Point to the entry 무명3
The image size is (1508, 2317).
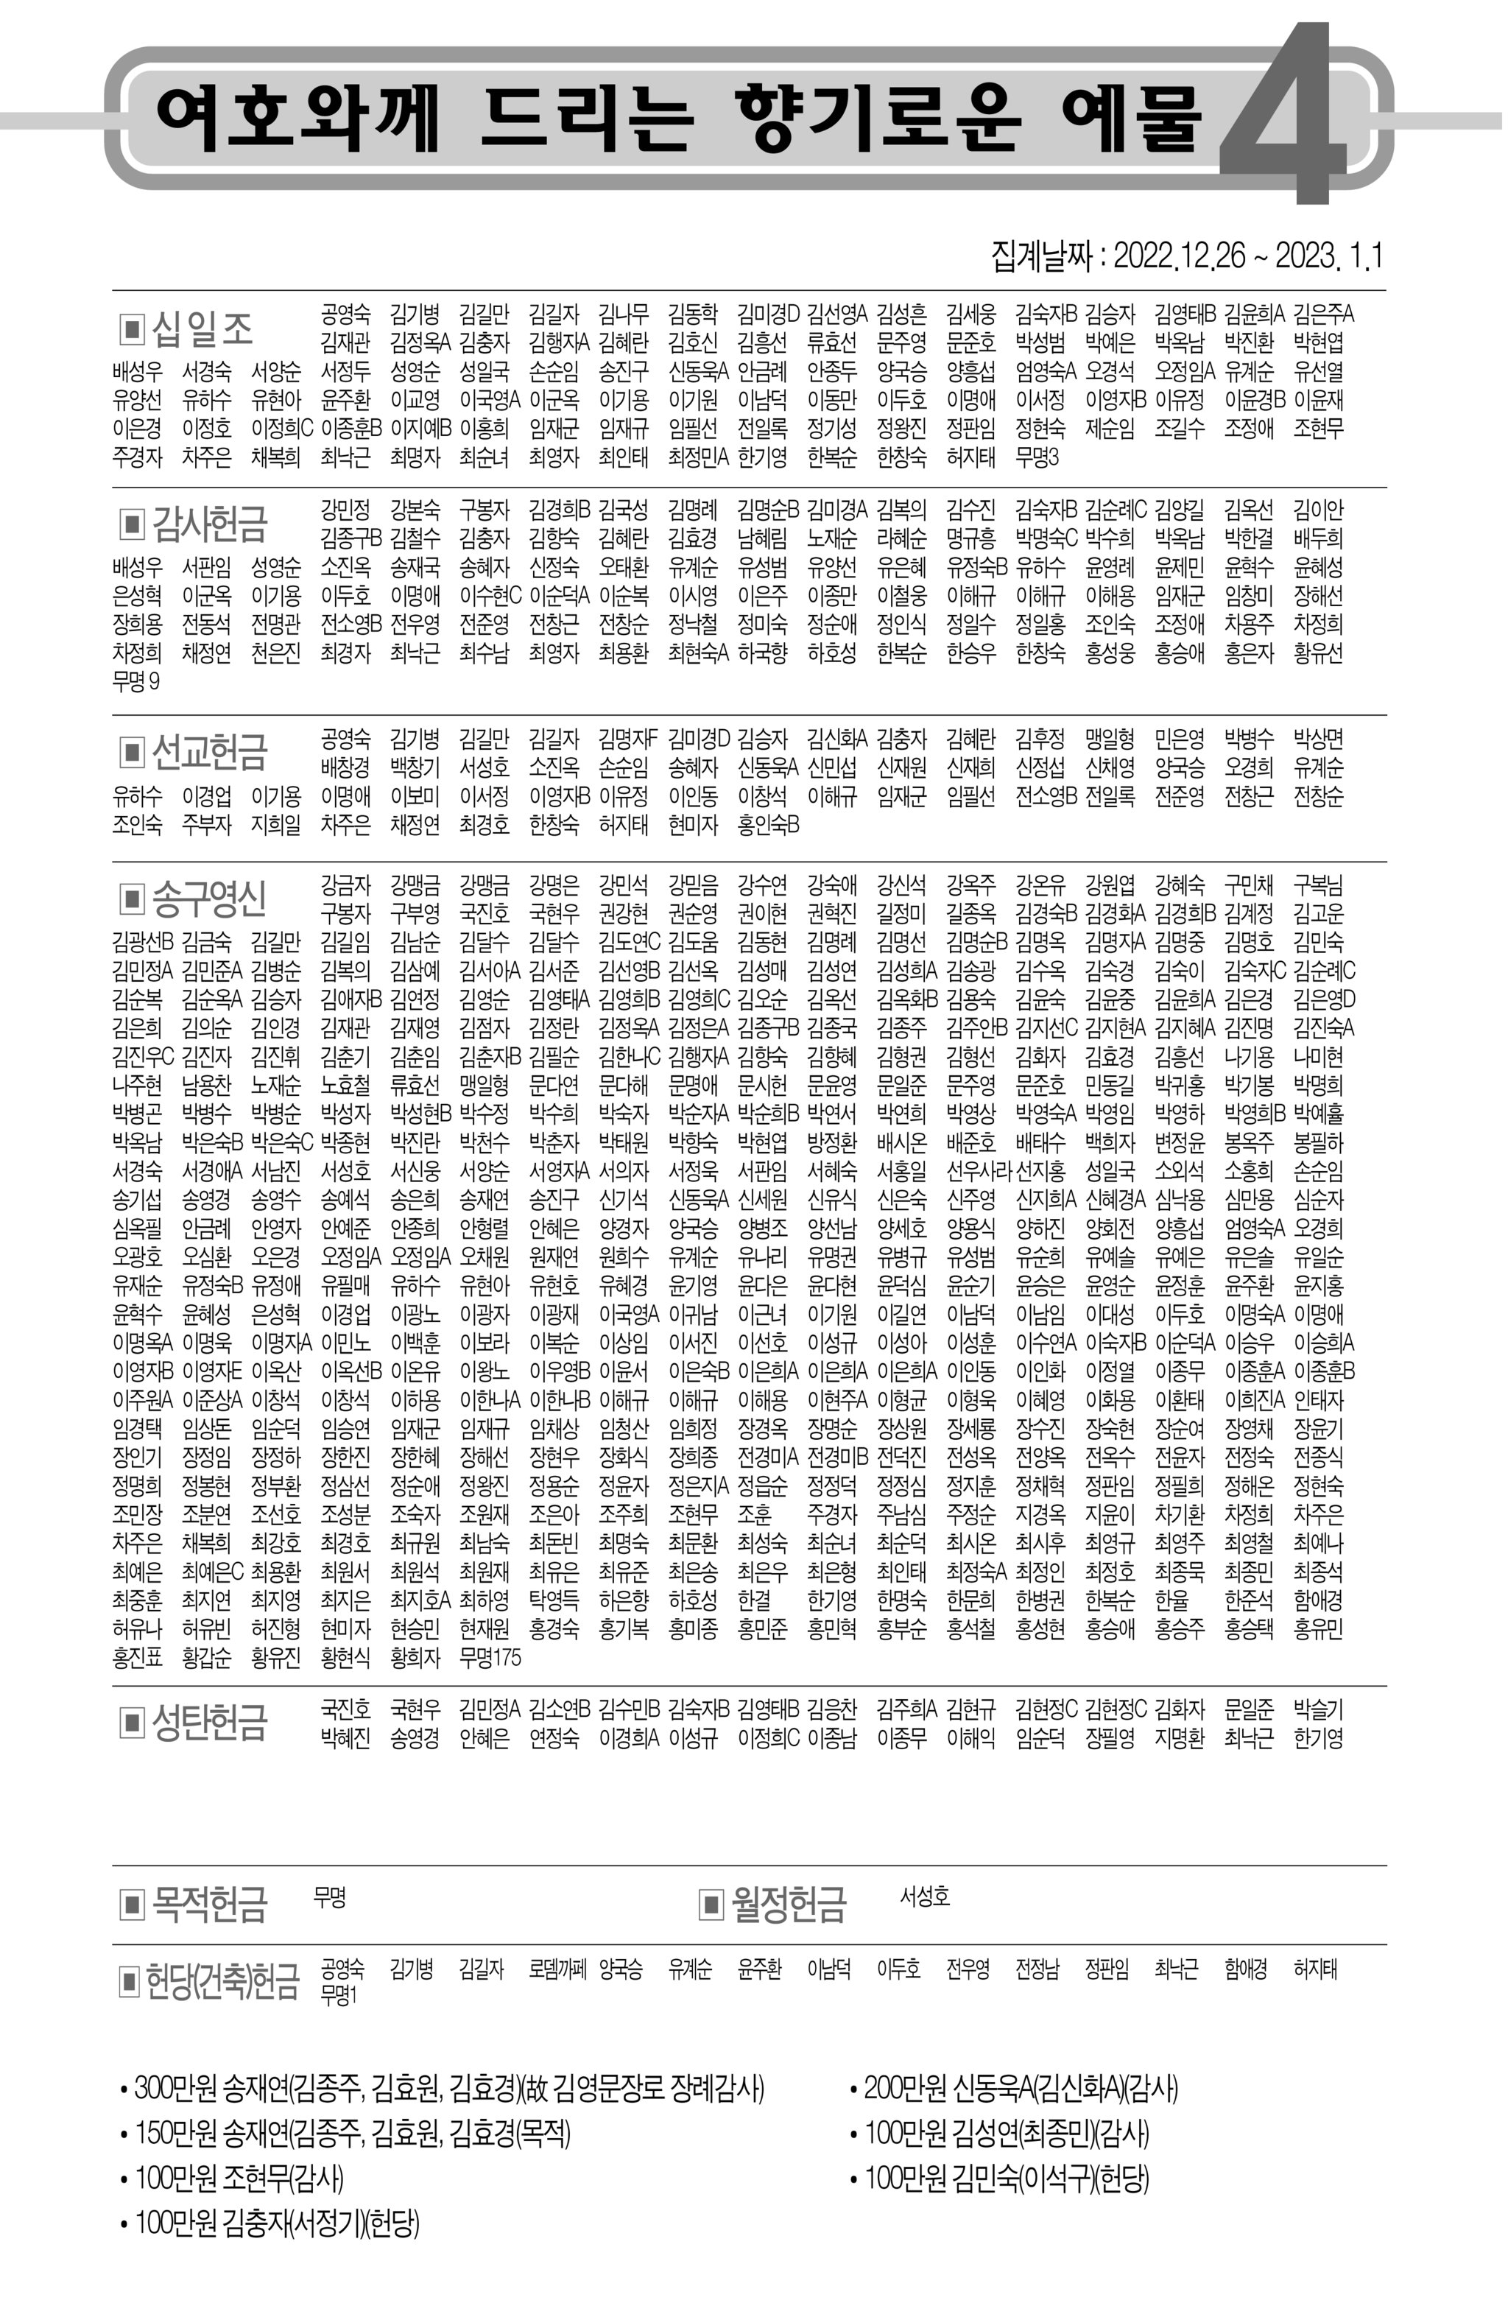1037,457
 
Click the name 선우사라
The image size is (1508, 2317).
979,1170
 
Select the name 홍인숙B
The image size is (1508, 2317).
768,825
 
